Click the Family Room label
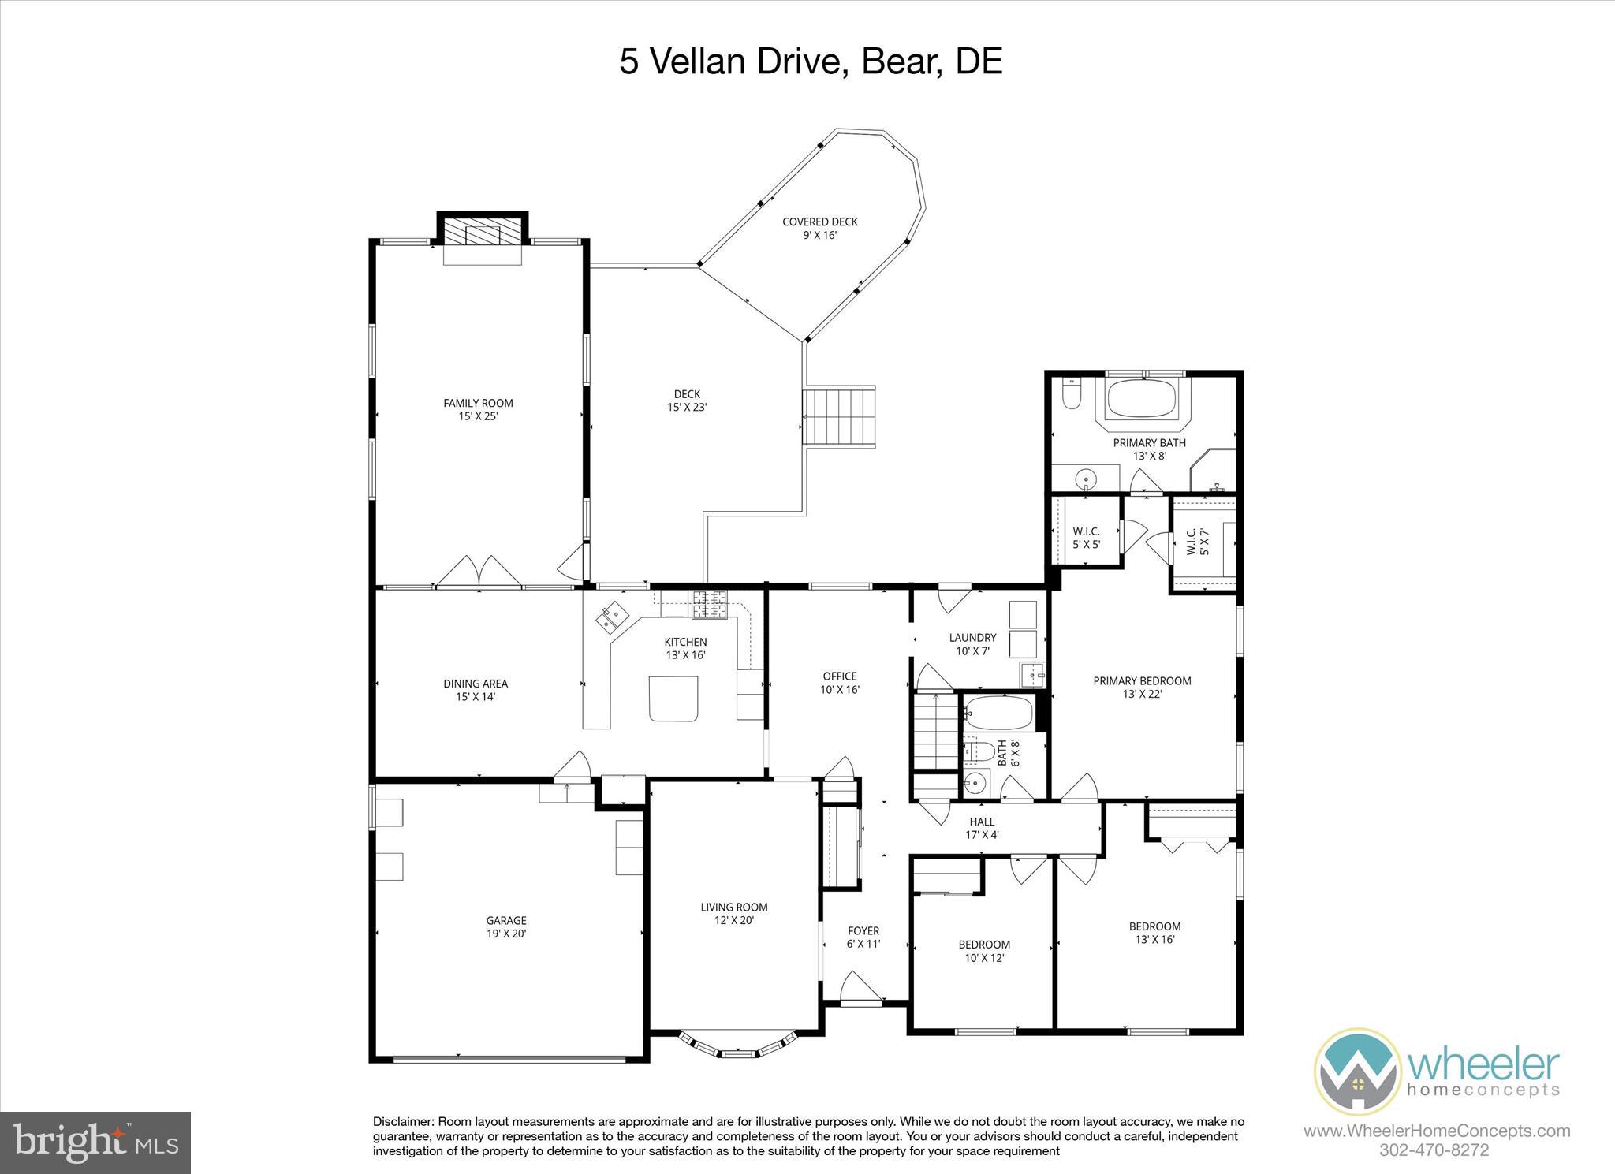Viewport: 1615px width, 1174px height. [x=478, y=409]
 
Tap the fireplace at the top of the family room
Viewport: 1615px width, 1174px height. [x=482, y=234]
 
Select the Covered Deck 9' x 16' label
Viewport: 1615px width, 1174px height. [x=819, y=228]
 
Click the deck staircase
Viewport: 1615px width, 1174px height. [x=839, y=417]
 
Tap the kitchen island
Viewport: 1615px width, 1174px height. [x=673, y=698]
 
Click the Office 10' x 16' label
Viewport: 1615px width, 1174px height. [x=839, y=682]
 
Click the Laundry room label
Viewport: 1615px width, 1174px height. [x=972, y=644]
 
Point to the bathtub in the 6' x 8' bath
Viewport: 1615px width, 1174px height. [x=998, y=713]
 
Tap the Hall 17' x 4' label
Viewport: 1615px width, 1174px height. [x=982, y=828]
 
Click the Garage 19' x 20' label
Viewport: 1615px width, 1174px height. [x=505, y=926]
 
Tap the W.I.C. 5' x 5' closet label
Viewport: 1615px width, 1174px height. [x=1086, y=538]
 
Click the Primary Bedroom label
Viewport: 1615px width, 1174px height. [x=1141, y=687]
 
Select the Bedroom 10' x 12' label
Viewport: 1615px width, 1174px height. [x=983, y=951]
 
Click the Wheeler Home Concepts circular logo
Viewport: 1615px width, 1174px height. [x=1356, y=1072]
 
